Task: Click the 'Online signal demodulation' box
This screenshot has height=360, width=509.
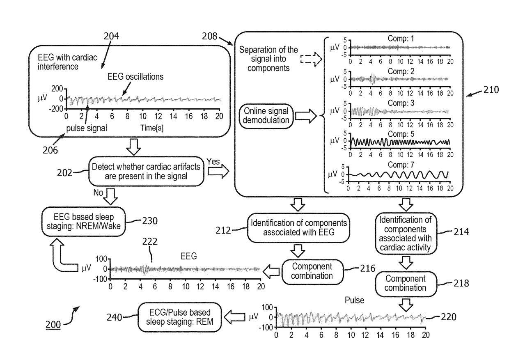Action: [266, 116]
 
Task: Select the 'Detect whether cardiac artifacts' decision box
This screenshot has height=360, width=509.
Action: [146, 171]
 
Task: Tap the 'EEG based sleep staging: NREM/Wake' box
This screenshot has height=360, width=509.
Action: [83, 222]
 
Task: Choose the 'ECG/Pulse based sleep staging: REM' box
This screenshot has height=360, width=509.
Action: [179, 317]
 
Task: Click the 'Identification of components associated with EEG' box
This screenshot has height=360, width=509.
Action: [298, 228]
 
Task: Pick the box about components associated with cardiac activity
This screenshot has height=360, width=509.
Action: [406, 234]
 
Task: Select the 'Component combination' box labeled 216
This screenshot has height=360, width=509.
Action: [312, 271]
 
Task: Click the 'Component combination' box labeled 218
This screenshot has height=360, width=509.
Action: [406, 284]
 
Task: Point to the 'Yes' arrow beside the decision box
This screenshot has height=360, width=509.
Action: [218, 171]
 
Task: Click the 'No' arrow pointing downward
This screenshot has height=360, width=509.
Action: [111, 197]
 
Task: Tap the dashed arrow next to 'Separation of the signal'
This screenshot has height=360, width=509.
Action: [311, 59]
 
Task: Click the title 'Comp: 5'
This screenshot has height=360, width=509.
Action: [401, 134]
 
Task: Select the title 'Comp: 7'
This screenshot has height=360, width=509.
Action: [401, 165]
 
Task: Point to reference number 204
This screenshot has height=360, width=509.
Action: [111, 36]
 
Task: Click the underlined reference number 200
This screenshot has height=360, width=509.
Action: [53, 324]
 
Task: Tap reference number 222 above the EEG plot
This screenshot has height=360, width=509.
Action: [150, 241]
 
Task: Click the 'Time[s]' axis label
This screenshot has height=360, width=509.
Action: [152, 128]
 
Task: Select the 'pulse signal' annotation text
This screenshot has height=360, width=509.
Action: [87, 128]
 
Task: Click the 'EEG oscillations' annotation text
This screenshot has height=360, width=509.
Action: [135, 77]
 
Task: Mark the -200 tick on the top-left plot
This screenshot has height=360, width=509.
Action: [56, 109]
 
